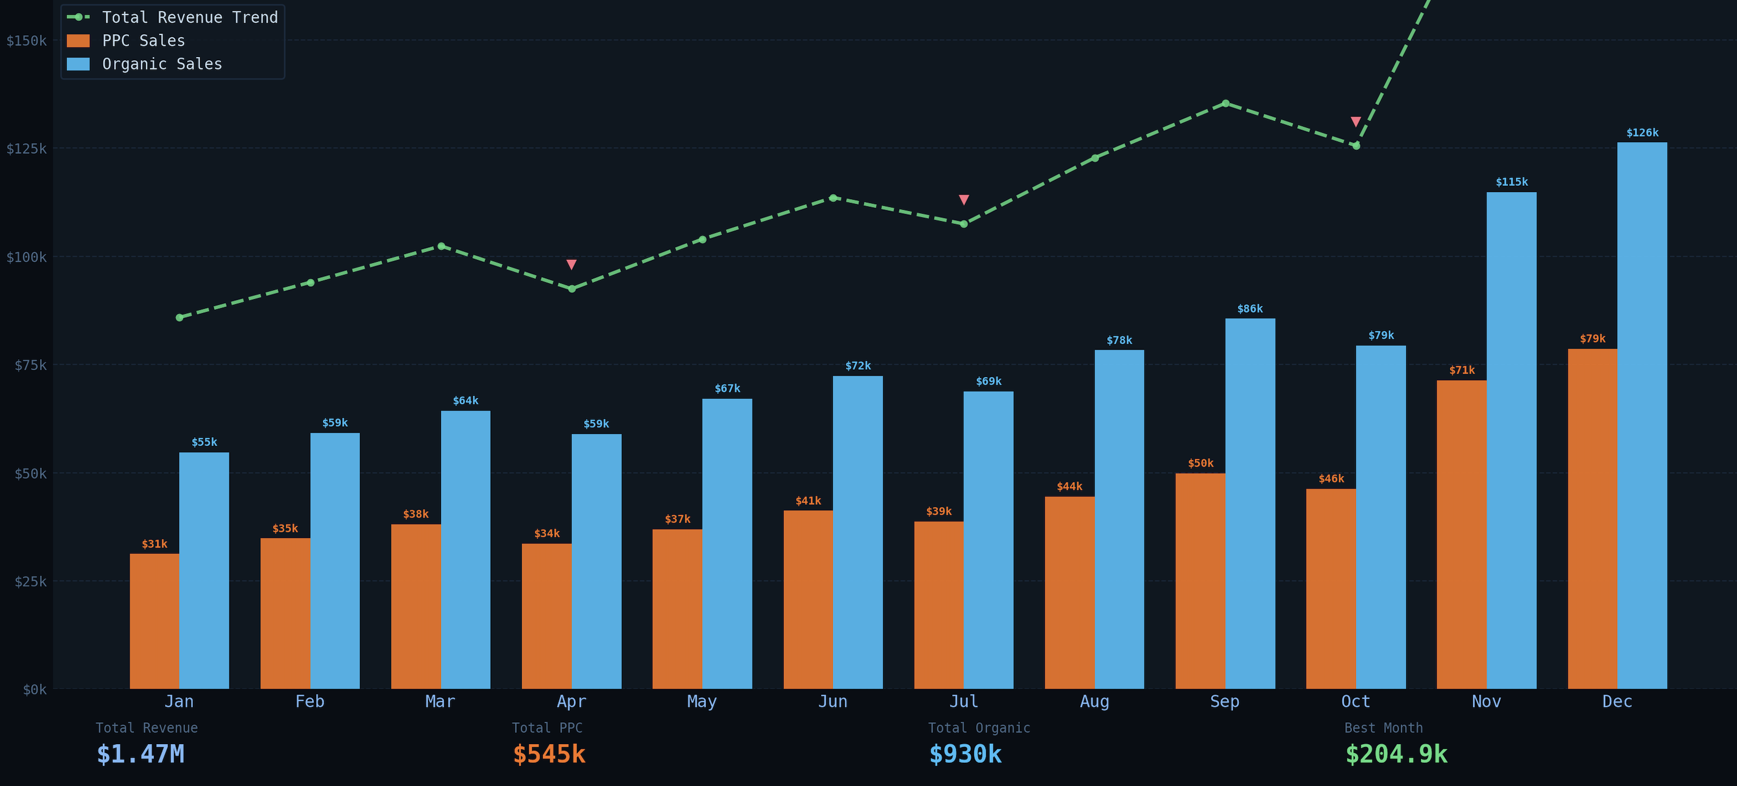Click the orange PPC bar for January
click(x=154, y=620)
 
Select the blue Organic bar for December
click(x=1642, y=414)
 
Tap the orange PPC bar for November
click(x=1461, y=534)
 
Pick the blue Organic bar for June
click(x=858, y=532)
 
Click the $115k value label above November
click(x=1511, y=182)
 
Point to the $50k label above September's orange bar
click(x=1200, y=463)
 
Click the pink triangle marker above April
click(x=571, y=264)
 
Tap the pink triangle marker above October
click(x=1355, y=122)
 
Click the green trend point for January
click(x=179, y=317)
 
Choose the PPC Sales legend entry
click(x=143, y=41)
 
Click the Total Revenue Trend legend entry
click(x=189, y=18)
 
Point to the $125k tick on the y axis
click(x=27, y=148)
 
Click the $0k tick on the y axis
click(x=34, y=689)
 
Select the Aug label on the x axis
click(x=1094, y=701)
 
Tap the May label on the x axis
click(x=701, y=701)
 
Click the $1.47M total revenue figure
click(x=140, y=754)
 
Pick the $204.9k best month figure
click(x=1396, y=754)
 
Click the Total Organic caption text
click(x=978, y=728)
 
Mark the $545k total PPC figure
click(x=549, y=754)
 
